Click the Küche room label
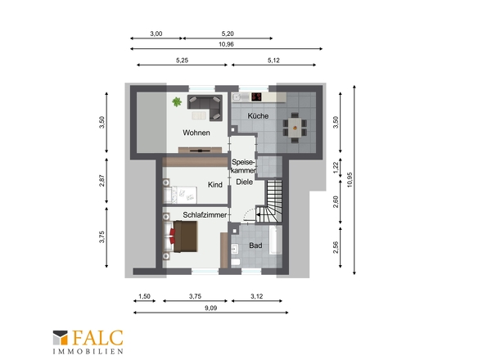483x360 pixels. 258,116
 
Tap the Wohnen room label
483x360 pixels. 196,133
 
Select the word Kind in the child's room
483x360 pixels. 215,185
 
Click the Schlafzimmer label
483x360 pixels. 205,215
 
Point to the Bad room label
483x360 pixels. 255,245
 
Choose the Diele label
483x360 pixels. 244,182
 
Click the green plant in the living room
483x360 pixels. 177,101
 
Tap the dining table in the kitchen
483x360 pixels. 295,127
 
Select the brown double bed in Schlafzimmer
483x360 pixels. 185,236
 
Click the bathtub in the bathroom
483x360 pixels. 275,241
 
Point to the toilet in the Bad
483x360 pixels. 235,263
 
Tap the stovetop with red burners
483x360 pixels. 256,97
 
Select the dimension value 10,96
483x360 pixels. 226,44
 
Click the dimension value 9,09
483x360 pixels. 210,308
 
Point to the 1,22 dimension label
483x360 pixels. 336,168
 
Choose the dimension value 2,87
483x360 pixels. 102,181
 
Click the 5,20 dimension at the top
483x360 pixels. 228,34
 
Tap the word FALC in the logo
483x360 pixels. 97,338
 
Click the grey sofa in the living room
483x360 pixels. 205,106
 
